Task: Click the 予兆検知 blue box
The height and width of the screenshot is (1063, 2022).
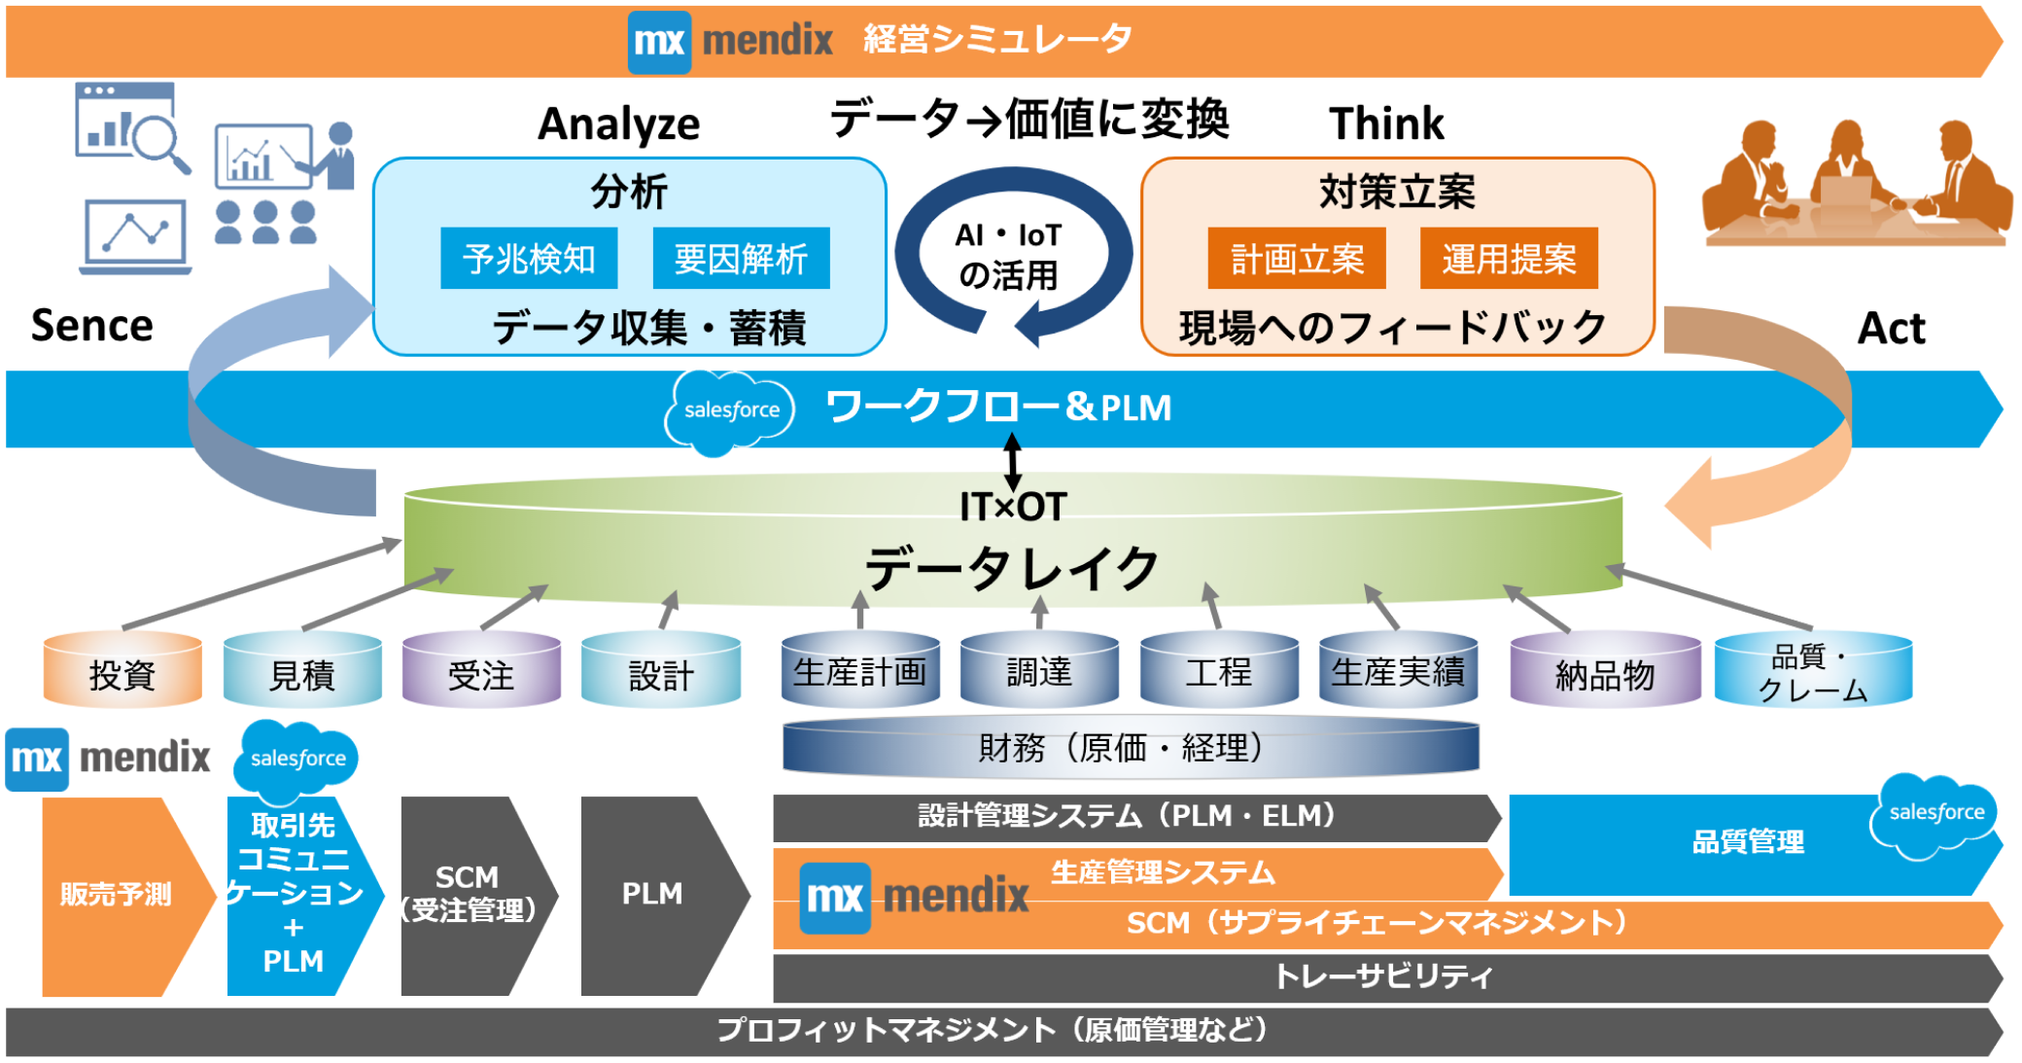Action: (529, 259)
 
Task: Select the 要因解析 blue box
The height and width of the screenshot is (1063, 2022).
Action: (741, 259)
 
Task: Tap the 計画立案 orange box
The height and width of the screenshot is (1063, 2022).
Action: (1296, 259)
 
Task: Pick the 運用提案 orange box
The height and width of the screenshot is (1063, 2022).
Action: (1509, 259)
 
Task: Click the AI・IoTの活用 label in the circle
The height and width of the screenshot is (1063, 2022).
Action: (1009, 256)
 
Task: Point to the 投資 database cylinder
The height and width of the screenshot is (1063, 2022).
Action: (122, 671)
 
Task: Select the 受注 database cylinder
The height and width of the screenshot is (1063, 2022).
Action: (481, 671)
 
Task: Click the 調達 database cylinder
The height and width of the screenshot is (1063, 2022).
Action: (1039, 670)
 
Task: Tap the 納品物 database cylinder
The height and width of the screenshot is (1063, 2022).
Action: (1605, 671)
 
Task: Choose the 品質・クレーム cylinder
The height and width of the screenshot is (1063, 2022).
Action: (1813, 671)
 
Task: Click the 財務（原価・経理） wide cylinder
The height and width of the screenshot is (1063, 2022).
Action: (1130, 748)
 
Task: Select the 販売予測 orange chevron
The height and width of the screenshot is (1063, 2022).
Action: (117, 895)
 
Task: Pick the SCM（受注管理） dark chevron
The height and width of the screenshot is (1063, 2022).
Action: (469, 895)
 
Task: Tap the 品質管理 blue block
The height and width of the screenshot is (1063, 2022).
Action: (1747, 842)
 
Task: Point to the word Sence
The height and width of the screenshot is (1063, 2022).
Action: (92, 326)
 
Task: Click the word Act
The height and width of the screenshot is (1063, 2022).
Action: (1891, 329)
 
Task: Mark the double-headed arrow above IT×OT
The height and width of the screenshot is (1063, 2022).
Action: (1012, 462)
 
